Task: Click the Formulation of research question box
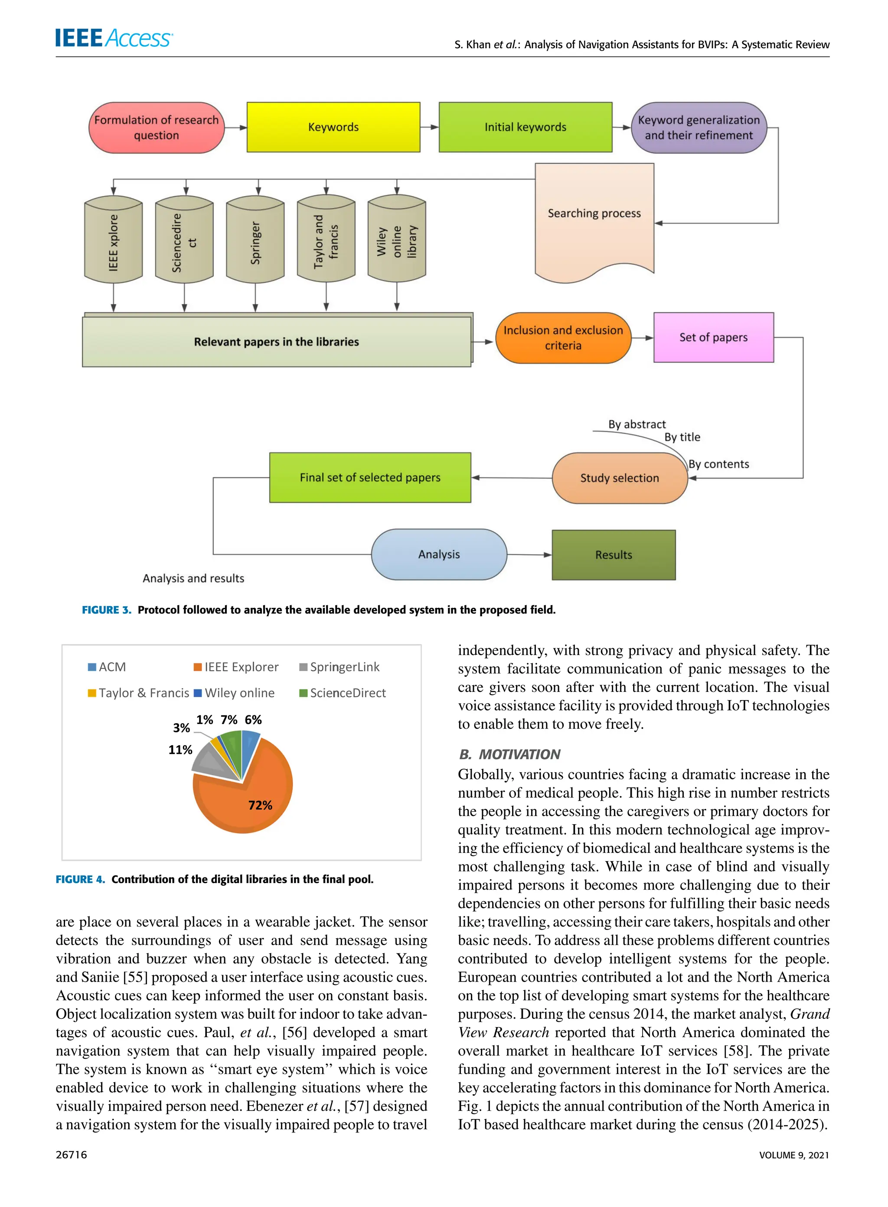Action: click(157, 127)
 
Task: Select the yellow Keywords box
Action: click(333, 127)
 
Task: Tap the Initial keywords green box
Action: click(525, 127)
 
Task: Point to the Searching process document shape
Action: click(594, 220)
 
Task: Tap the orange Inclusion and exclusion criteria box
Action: click(563, 337)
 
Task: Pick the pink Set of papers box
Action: click(713, 337)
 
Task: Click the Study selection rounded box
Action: click(619, 478)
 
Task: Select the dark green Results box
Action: click(614, 555)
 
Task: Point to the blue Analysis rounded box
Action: click(439, 554)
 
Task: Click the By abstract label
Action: click(637, 424)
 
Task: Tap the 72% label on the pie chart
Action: click(260, 805)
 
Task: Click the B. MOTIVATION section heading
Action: click(509, 754)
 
